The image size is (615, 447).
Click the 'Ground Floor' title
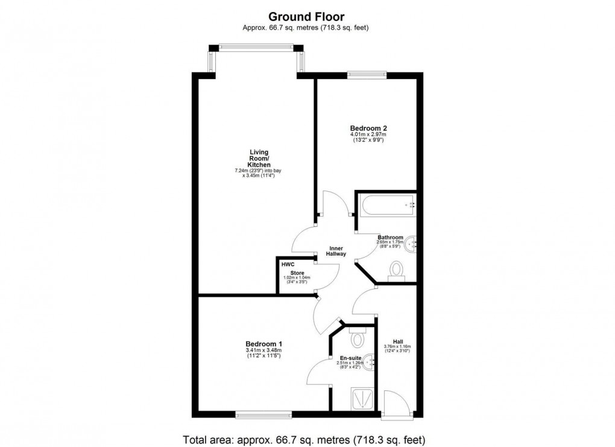click(x=306, y=16)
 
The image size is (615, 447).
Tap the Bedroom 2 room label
click(x=368, y=128)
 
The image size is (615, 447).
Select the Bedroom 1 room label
click(x=263, y=343)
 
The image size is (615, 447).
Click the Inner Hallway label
click(x=336, y=251)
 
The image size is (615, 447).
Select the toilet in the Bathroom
click(x=397, y=270)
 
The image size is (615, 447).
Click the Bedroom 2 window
click(x=367, y=75)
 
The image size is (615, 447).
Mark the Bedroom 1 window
click(x=263, y=414)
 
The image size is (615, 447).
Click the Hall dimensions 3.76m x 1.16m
click(x=397, y=347)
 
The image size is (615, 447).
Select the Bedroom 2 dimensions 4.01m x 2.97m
click(x=368, y=135)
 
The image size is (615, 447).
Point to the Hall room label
click(x=397, y=340)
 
